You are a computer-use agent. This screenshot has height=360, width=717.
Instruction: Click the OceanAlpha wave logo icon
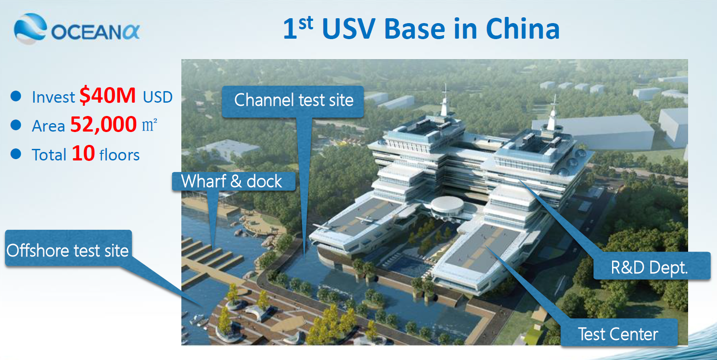tap(30, 28)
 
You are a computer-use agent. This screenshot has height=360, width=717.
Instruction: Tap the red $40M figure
tap(108, 95)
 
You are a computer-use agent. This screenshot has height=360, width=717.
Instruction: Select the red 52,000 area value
tap(104, 124)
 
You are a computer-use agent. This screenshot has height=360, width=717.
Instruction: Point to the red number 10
tap(83, 153)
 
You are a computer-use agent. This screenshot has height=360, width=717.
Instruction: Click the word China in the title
tap(523, 29)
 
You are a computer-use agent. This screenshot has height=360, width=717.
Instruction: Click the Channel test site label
tap(293, 100)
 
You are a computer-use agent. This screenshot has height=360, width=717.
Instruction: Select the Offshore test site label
tap(68, 250)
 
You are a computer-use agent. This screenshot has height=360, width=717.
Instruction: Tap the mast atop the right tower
tap(553, 112)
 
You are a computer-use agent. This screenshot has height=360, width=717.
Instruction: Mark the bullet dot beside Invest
tap(16, 96)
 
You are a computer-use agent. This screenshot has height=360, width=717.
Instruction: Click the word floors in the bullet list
tap(120, 155)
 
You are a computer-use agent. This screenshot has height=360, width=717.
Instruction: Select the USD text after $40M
tap(157, 97)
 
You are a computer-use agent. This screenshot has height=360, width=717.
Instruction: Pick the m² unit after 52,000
tap(149, 124)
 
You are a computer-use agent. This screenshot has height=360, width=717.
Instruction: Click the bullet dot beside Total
tap(16, 154)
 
